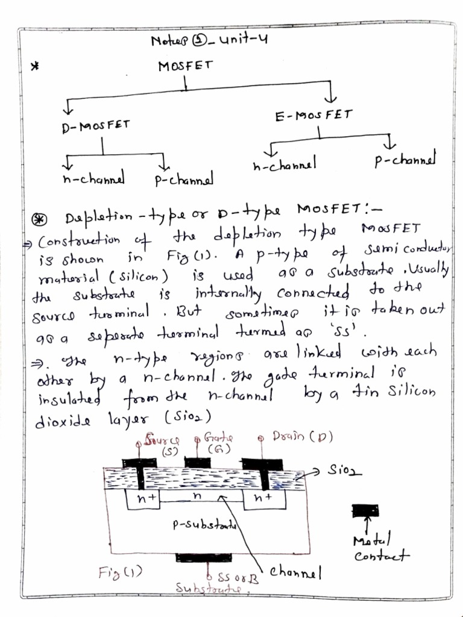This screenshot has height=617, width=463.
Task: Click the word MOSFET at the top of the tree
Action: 185,67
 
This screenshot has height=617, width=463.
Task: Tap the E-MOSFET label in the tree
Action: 313,116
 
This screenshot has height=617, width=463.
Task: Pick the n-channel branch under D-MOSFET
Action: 93,179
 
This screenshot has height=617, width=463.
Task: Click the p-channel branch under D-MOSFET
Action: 184,180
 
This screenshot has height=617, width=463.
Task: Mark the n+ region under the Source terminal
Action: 143,498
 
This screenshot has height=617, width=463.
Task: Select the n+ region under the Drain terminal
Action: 262,498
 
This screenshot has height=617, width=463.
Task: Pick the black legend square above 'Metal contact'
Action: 365,511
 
